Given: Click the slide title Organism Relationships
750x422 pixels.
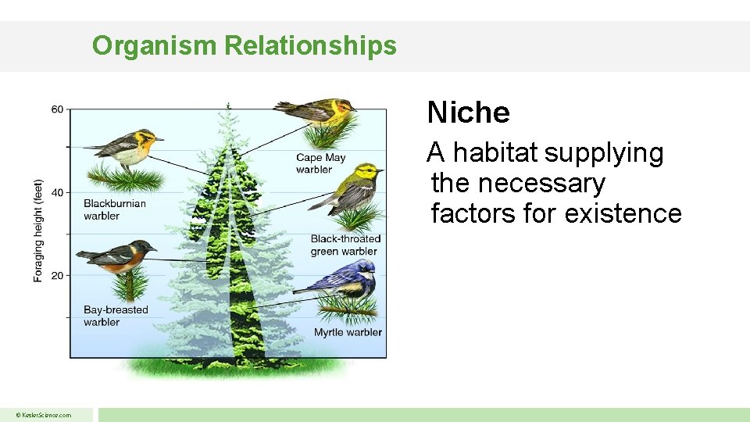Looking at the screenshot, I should (245, 45).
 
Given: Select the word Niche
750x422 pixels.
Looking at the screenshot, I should (468, 113).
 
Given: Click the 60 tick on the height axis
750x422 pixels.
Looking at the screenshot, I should (58, 109).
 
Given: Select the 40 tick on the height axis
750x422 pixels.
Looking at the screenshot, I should (58, 192).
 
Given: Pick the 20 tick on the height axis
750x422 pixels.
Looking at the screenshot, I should (58, 275).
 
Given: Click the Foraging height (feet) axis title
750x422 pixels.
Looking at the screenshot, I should (38, 231).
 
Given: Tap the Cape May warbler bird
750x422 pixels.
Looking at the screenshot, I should (316, 112).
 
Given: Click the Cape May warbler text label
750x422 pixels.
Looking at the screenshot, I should (320, 163).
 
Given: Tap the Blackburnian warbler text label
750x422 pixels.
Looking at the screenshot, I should (114, 209).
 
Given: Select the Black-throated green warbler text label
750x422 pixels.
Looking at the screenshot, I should (345, 245).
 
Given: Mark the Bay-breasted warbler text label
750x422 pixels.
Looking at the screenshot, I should (116, 316).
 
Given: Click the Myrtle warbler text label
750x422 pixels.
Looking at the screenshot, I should (348, 332).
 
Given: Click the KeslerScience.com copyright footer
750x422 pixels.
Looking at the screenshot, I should (45, 415).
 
